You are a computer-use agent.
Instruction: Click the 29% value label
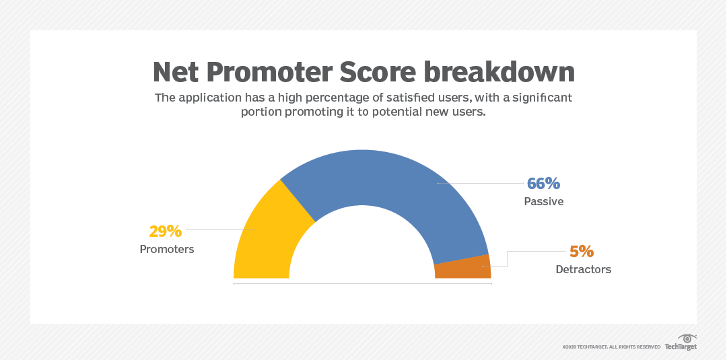coord(166,231)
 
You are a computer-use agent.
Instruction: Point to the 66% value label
coord(543,184)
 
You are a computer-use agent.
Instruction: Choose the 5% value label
coord(582,252)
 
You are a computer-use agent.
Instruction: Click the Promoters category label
coord(167,249)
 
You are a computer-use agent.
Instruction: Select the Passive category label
coord(544,201)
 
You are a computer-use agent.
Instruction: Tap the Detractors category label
coord(584,269)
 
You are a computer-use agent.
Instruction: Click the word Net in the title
coord(177,72)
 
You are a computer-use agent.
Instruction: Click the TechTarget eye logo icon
coord(688,338)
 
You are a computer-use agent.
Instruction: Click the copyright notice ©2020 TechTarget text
coord(611,347)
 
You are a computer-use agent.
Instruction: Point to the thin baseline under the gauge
coord(362,284)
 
